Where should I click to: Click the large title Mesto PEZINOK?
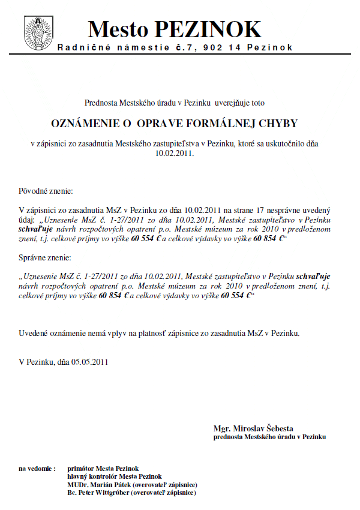coord(175,29)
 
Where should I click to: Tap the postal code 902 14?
coord(221,47)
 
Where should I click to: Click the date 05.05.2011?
coord(90,362)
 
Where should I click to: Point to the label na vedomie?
coord(37,468)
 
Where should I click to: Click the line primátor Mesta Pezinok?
coord(103,468)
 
